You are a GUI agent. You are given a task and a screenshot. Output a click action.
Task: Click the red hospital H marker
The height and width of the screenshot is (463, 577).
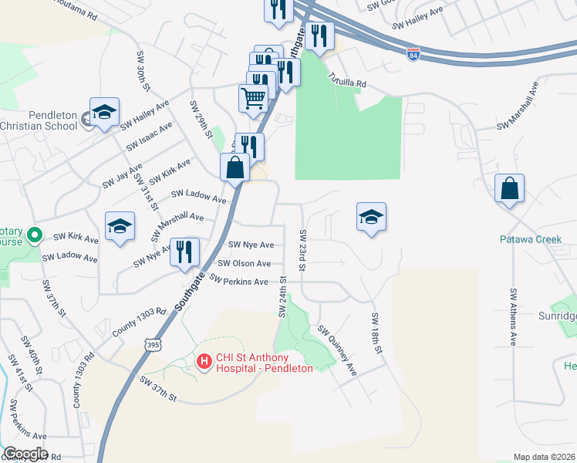tap(204, 360)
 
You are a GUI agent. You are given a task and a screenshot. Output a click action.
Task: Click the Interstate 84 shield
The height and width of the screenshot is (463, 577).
tap(413, 56)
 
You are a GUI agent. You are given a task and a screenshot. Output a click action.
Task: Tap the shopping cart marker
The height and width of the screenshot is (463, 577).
tap(254, 99)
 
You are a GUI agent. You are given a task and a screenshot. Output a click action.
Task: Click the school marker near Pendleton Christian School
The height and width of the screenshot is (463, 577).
tap(104, 113)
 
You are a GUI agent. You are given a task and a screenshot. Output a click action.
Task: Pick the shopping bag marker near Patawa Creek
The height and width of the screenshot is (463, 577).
tap(509, 190)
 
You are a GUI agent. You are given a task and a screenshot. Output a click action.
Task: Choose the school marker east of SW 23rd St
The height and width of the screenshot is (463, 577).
tap(371, 218)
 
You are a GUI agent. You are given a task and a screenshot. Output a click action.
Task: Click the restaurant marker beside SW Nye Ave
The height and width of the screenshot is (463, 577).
tap(184, 252)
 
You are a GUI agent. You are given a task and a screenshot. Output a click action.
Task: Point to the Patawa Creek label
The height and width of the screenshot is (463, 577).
tap(530, 239)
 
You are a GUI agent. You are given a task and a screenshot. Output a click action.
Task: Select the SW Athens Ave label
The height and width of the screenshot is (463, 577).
tap(513, 316)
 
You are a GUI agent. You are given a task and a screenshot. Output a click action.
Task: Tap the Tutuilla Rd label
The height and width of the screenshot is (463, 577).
tap(346, 78)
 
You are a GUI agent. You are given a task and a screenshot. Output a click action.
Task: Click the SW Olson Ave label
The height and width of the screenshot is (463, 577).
tap(244, 263)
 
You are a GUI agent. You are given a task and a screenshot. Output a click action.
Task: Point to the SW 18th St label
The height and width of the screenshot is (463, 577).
tap(376, 333)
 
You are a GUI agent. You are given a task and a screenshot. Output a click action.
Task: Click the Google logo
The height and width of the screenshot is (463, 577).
tap(25, 453)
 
